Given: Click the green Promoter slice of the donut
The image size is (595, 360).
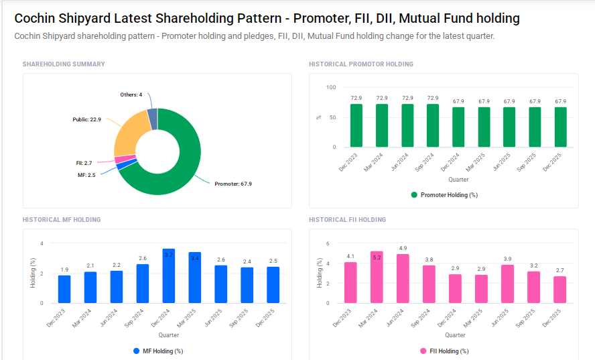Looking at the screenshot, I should click(181, 168).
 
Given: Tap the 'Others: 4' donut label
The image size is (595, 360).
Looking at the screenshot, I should click(131, 95).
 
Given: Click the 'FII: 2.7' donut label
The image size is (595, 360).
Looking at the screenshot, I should click(84, 163).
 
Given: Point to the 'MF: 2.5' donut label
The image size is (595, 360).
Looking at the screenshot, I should click(87, 175).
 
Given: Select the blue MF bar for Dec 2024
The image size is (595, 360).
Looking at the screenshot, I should click(169, 276).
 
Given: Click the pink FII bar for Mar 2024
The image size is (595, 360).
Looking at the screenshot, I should click(377, 278).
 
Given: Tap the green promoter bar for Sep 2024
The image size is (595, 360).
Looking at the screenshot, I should click(433, 126).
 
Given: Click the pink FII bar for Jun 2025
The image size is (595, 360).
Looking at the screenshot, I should click(508, 284).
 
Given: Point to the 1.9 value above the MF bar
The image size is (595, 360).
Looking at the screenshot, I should click(64, 269).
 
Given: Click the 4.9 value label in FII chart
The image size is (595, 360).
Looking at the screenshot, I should click(403, 248).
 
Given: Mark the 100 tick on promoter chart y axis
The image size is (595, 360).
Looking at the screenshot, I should click(330, 87).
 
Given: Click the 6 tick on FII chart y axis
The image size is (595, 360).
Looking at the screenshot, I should click(328, 243).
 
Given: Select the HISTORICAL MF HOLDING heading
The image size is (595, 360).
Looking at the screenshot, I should click(62, 220).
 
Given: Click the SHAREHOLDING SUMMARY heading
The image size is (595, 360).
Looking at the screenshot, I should click(64, 64).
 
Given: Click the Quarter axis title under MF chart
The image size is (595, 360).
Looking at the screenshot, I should click(169, 335).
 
